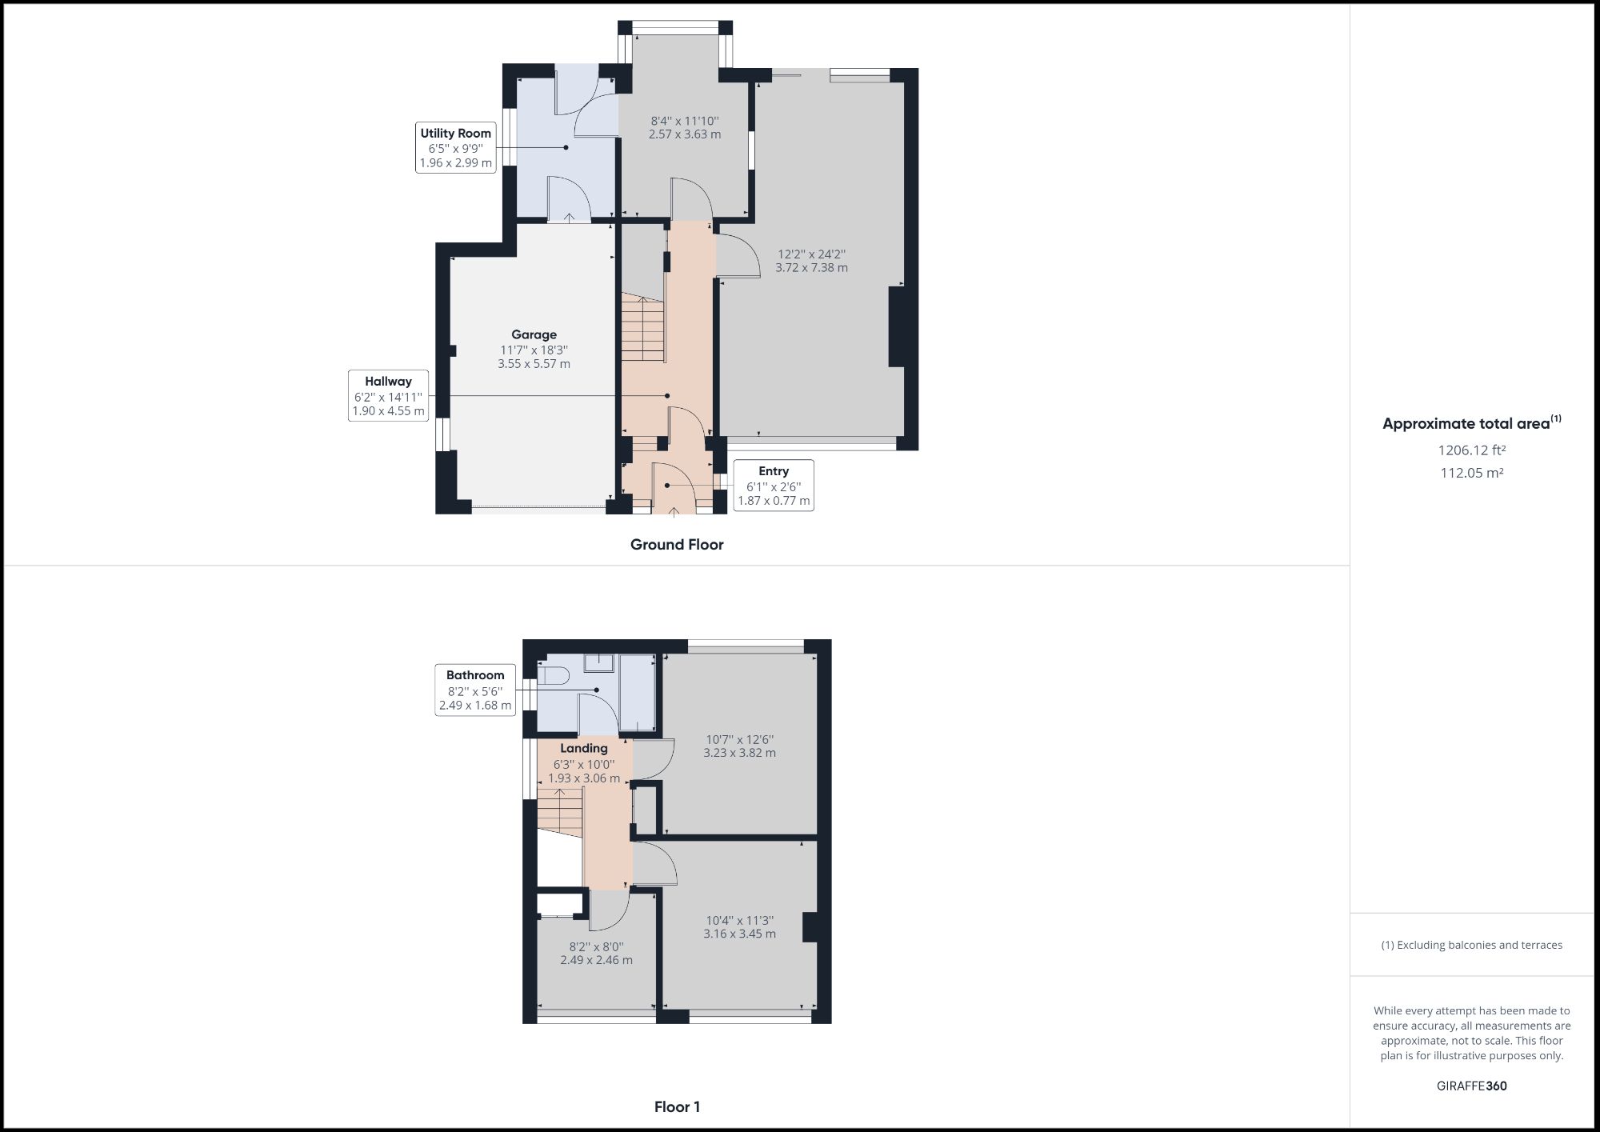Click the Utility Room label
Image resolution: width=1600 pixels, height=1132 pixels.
pyautogui.click(x=455, y=134)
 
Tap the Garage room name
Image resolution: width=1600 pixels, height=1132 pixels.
pyautogui.click(x=534, y=334)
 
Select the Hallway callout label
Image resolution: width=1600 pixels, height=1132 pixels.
pyautogui.click(x=388, y=382)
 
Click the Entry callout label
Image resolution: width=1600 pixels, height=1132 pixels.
pyautogui.click(x=773, y=471)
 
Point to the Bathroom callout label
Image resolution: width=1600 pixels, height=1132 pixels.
pyautogui.click(x=475, y=675)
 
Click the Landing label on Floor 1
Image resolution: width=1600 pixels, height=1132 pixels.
pyautogui.click(x=583, y=748)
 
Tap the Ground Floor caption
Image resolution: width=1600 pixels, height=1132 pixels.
pyautogui.click(x=677, y=545)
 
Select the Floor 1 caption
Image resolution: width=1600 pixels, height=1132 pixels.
pyautogui.click(x=677, y=1107)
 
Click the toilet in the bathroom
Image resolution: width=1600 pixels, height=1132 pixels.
pyautogui.click(x=551, y=677)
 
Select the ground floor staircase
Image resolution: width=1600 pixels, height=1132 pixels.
pyautogui.click(x=643, y=328)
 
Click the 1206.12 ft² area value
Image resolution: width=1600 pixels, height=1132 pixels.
pyautogui.click(x=1471, y=450)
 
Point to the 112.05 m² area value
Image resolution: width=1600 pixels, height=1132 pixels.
pyautogui.click(x=1471, y=473)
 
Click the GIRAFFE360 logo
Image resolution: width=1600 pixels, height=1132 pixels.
pyautogui.click(x=1471, y=1086)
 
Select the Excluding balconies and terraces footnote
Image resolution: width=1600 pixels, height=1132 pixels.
pyautogui.click(x=1471, y=945)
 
